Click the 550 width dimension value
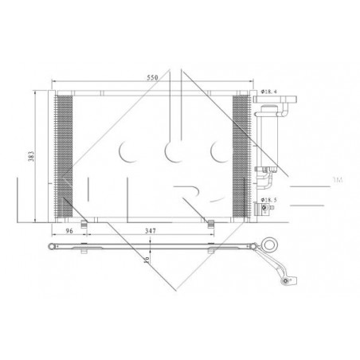click(152, 77)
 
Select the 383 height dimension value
click(31, 156)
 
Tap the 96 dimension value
click(69, 231)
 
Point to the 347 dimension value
click(151, 231)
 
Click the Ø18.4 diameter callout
click(268, 92)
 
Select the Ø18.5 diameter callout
click(268, 200)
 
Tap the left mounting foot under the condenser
click(84, 225)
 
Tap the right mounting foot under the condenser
click(211, 225)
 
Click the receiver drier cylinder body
click(269, 137)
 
